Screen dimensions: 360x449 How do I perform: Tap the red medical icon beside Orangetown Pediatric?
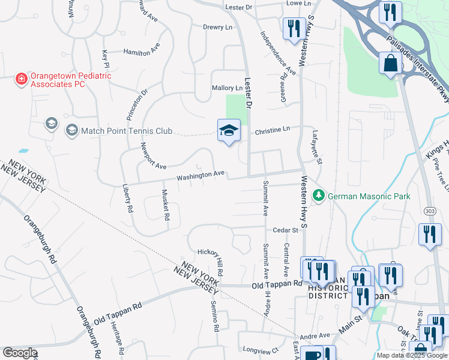tap(21, 78)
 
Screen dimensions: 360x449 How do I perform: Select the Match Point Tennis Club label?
tap(127, 131)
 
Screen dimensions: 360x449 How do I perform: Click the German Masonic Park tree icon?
tap(319, 195)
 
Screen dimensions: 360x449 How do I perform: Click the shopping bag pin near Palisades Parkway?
tap(390, 63)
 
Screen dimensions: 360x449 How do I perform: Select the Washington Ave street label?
tap(200, 175)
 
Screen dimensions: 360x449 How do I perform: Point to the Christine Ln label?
tap(272, 129)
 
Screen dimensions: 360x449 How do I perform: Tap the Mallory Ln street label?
tap(227, 88)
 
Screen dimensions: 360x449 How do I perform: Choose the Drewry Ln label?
tap(217, 27)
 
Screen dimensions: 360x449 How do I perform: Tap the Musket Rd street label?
tap(166, 205)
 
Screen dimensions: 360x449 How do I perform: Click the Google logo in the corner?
tap(20, 353)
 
